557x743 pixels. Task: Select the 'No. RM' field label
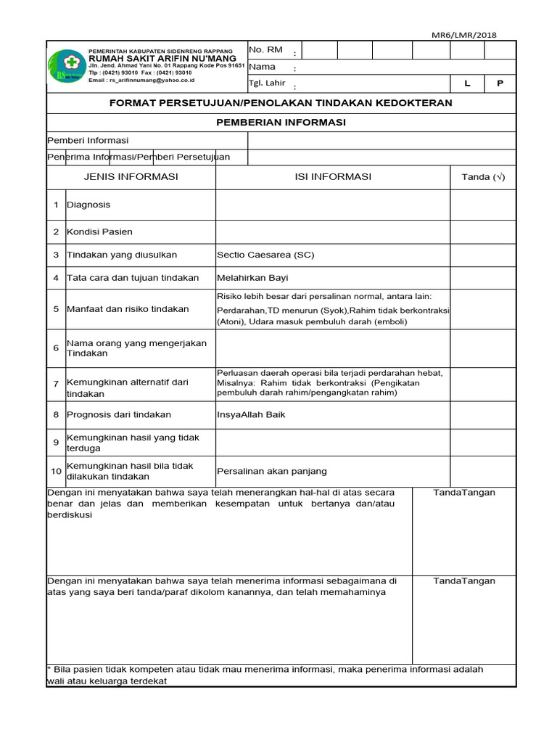tap(265, 49)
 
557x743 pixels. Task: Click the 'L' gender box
tap(468, 83)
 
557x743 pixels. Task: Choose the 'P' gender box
tap(500, 83)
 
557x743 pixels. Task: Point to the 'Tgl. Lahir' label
tap(267, 83)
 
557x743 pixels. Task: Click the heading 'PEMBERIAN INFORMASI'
tap(281, 122)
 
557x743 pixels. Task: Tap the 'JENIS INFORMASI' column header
tap(131, 176)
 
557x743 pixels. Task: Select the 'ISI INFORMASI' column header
tap(333, 176)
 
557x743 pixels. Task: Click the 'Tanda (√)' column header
tap(482, 177)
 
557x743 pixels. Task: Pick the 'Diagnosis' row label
tap(88, 205)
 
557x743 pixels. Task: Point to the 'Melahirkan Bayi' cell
tap(252, 277)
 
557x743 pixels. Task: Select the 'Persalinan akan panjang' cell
tap(272, 471)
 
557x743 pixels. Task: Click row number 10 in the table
tap(56, 471)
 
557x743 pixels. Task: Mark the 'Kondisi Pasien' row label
tap(99, 231)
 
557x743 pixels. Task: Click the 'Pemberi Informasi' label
tap(88, 140)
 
